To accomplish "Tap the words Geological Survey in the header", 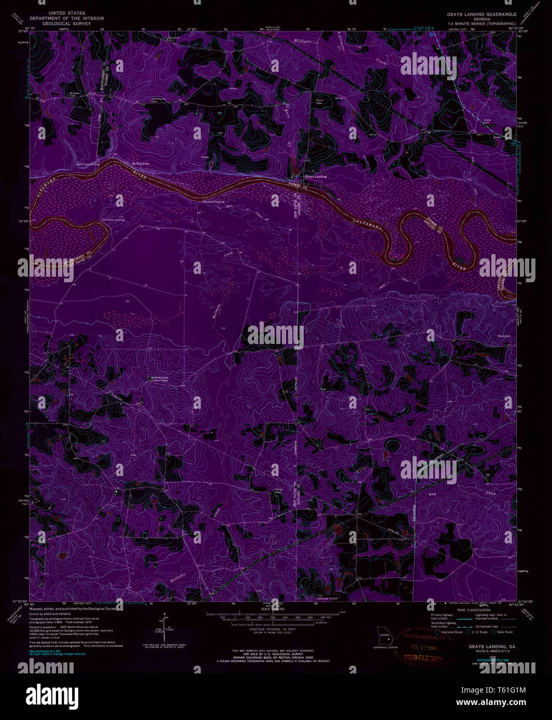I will (x=66, y=23).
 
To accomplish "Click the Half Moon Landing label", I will (x=113, y=220).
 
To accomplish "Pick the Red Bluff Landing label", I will (x=214, y=201).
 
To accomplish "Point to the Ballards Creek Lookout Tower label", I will (x=159, y=379).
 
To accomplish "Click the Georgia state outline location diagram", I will (x=385, y=635).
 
